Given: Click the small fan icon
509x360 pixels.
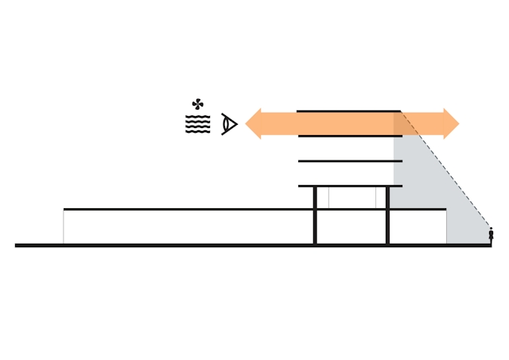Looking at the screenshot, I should pyautogui.click(x=197, y=104).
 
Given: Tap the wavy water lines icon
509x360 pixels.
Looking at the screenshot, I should pyautogui.click(x=197, y=124).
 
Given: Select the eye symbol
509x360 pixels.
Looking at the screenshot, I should pyautogui.click(x=229, y=124).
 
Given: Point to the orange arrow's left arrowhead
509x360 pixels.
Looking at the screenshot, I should pyautogui.click(x=254, y=124).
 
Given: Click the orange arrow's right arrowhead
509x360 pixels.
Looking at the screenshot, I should pyautogui.click(x=451, y=124).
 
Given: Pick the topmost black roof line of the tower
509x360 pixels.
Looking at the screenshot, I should pyautogui.click(x=348, y=111).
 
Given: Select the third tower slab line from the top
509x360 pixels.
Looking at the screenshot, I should pyautogui.click(x=350, y=161).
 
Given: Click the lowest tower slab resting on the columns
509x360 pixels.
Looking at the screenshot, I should pyautogui.click(x=350, y=186).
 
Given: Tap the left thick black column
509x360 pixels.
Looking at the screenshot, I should pyautogui.click(x=315, y=216).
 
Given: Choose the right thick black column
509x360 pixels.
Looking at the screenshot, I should pyautogui.click(x=387, y=216).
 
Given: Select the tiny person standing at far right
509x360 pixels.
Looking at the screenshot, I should pyautogui.click(x=491, y=235).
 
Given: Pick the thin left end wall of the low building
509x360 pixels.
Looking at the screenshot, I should pyautogui.click(x=64, y=227).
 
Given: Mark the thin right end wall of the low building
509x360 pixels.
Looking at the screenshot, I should pyautogui.click(x=446, y=226).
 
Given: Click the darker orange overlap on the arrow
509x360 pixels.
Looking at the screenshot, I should pyautogui.click(x=405, y=124).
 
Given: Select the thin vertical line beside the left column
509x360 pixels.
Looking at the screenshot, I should pyautogui.click(x=328, y=198).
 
